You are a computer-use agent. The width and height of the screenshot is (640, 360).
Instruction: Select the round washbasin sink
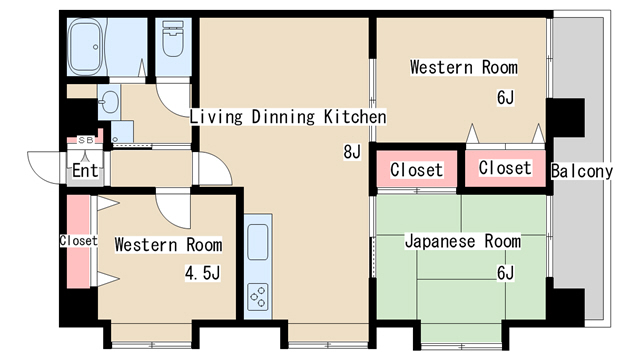(108, 101)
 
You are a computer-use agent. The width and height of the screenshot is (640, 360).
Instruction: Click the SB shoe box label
(85, 141)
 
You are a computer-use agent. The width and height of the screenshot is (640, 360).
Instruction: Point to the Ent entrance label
(85, 171)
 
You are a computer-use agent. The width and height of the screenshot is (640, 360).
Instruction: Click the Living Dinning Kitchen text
(288, 117)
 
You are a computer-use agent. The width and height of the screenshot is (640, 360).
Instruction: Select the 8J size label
(351, 153)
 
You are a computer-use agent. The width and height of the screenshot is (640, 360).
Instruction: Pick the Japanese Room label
(462, 241)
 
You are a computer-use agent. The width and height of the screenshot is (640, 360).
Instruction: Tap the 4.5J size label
(203, 273)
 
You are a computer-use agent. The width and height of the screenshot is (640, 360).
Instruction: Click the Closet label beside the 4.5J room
(79, 241)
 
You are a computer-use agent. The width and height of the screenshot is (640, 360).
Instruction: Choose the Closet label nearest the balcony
(505, 168)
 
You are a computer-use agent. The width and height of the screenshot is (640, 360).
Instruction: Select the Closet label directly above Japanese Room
(416, 170)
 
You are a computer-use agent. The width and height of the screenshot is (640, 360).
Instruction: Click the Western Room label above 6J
(464, 68)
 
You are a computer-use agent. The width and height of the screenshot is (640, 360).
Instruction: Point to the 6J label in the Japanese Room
(505, 273)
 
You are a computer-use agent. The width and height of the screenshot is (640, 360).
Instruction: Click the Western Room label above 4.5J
(168, 244)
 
